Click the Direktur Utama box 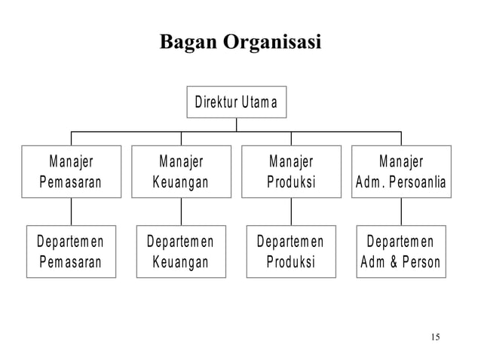click(x=237, y=102)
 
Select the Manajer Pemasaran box click(x=72, y=172)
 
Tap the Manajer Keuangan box click(x=181, y=172)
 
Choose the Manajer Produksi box click(x=291, y=172)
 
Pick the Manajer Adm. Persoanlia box click(x=401, y=172)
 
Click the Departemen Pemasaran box click(x=72, y=252)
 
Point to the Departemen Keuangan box click(x=181, y=252)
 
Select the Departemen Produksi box click(x=291, y=252)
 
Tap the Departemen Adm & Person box click(x=401, y=252)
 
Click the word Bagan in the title click(x=186, y=43)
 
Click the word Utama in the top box click(x=259, y=102)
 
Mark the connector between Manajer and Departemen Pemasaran click(x=72, y=212)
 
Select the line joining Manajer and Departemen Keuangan click(x=181, y=212)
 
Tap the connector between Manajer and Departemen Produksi click(x=291, y=212)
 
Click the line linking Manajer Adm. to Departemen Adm click(x=401, y=212)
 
